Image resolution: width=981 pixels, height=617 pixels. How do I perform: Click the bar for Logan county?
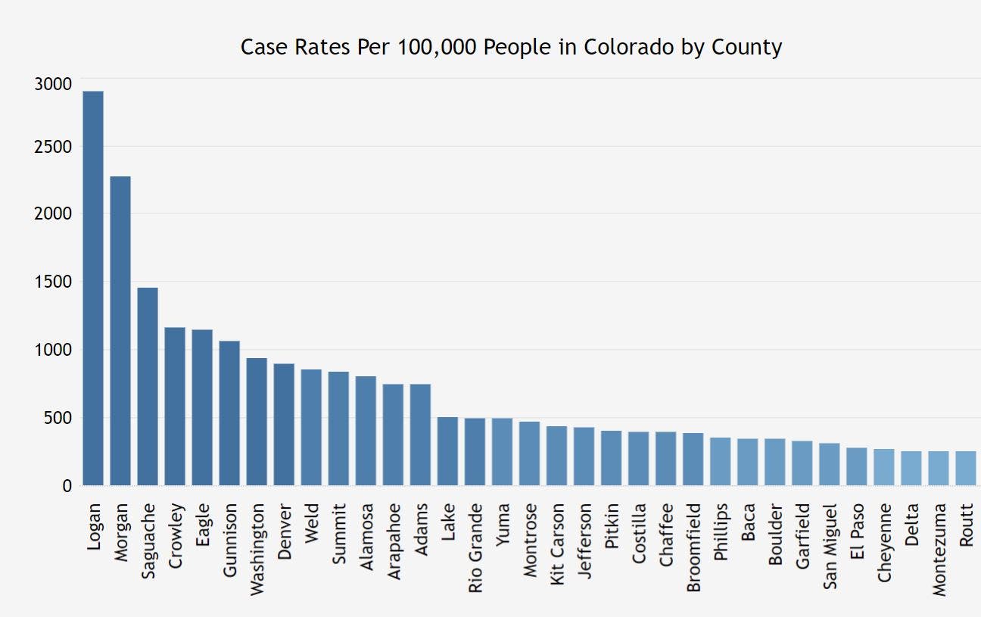coord(93,288)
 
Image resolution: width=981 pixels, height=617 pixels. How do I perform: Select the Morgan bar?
coord(120,330)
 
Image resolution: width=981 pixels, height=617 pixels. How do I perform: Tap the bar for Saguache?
coord(148,386)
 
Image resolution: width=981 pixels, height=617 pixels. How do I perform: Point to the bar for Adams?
coord(420,435)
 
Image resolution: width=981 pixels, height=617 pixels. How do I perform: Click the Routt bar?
coord(965,468)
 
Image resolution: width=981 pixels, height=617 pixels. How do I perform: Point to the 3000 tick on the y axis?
coord(53,84)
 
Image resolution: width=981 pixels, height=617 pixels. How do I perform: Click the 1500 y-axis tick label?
coord(53,282)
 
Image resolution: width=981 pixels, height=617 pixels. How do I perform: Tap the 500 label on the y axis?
coord(58,418)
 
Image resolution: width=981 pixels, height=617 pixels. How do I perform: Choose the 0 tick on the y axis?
coord(67,486)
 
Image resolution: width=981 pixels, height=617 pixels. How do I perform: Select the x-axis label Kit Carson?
coord(557,541)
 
